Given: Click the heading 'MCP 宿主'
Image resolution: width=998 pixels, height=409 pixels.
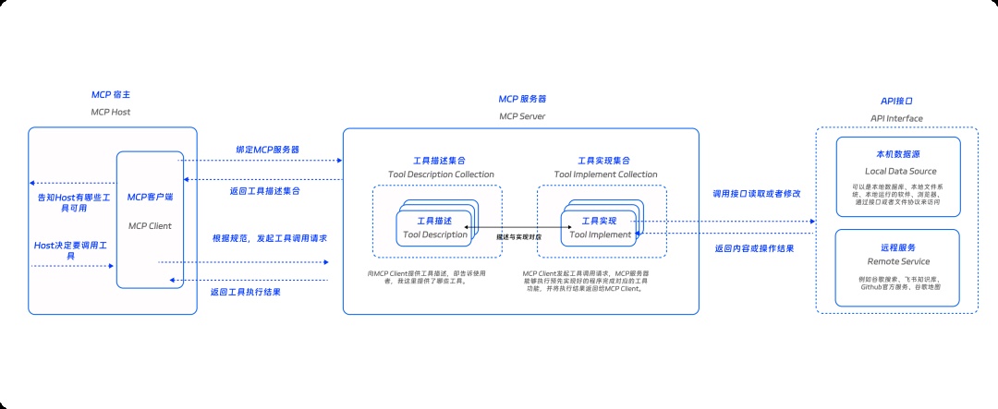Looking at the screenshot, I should click(x=111, y=95).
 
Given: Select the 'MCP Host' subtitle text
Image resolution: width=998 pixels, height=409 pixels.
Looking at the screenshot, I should click(x=111, y=112).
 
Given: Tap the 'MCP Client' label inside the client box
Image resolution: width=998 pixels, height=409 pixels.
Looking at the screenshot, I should click(x=150, y=224).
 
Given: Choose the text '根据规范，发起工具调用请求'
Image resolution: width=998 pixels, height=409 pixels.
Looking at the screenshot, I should click(x=270, y=238).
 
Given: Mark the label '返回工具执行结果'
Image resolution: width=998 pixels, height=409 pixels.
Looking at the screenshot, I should click(x=246, y=292).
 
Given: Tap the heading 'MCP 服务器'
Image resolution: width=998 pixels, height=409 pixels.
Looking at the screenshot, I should click(x=521, y=99).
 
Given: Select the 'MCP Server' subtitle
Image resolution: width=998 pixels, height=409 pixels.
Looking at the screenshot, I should click(x=521, y=116).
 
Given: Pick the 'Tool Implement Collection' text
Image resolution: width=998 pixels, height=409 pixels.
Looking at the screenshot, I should click(x=605, y=174).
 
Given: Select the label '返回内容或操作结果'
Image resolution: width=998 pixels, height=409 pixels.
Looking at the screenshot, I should click(x=755, y=248).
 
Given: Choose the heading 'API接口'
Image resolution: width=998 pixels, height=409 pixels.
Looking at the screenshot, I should click(x=896, y=101).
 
